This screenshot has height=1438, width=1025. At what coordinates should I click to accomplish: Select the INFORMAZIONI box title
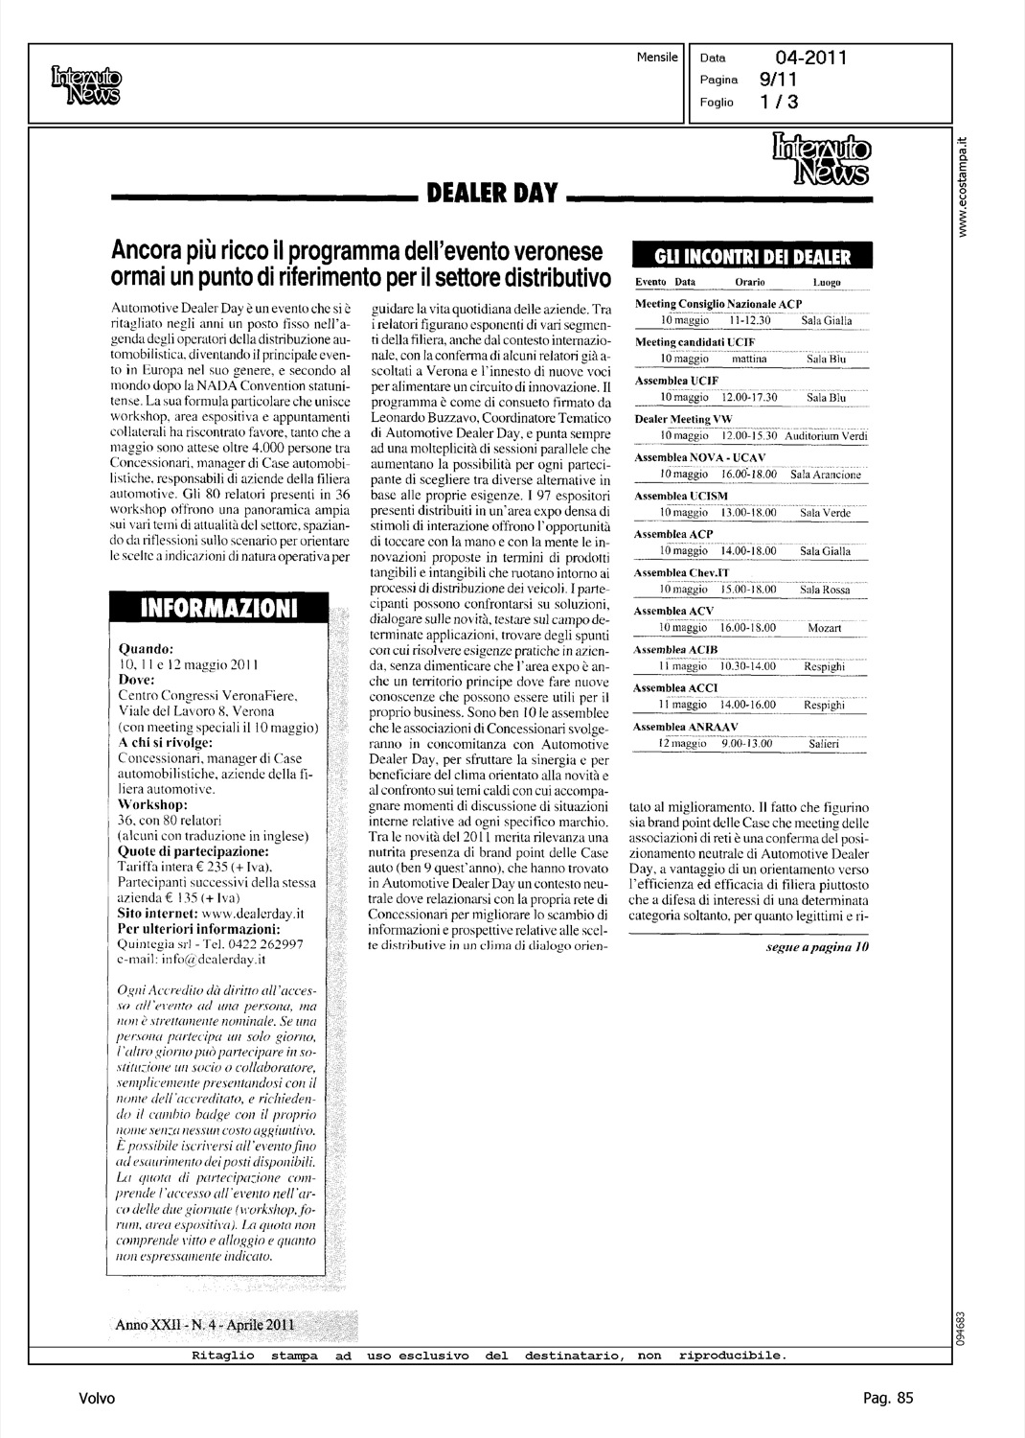pos(219,608)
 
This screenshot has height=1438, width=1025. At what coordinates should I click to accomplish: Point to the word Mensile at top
pos(657,58)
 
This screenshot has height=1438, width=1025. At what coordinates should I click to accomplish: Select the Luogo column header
pos(826,283)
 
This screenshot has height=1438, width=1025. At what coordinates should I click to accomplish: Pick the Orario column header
pos(749,283)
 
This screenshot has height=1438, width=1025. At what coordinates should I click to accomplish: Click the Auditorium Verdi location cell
pos(826,436)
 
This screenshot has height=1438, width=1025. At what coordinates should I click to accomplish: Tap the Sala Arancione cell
pos(826,475)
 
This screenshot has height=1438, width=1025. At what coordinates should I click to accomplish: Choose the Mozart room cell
pos(824,628)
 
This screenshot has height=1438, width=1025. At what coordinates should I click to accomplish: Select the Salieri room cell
pos(824,743)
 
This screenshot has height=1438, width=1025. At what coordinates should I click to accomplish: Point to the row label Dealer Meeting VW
pos(676,419)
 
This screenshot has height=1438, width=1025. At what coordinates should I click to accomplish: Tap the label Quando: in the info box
pos(145,648)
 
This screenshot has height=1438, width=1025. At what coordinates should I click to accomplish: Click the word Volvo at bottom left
pos(97,1399)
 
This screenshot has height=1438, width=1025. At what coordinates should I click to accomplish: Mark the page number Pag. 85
pos(888,1399)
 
